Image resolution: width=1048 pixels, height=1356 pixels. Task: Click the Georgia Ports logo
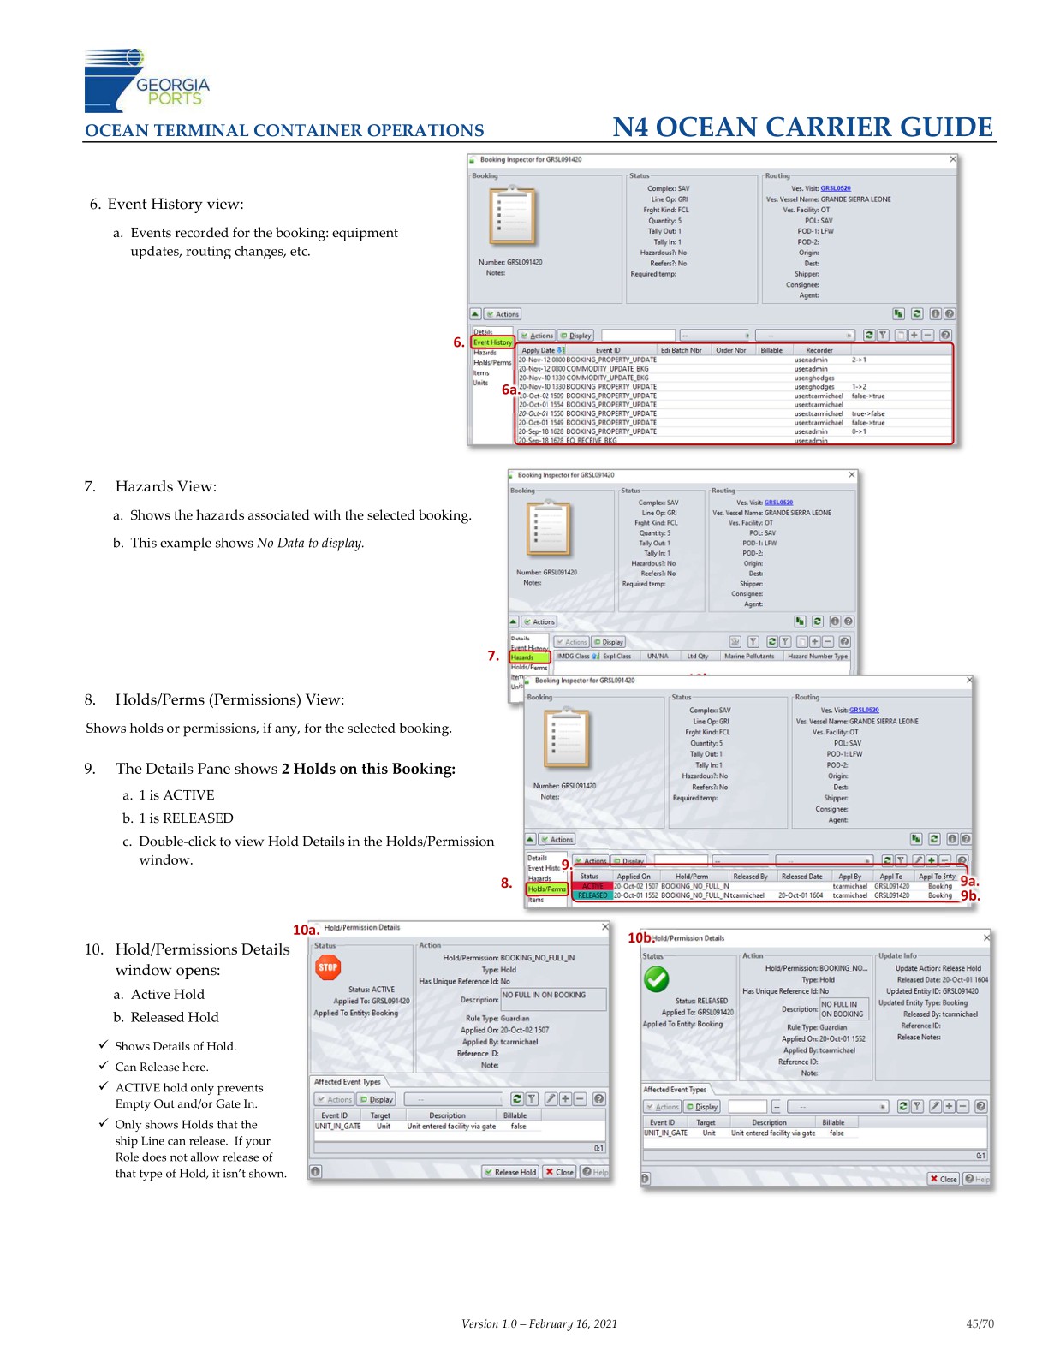(x=146, y=81)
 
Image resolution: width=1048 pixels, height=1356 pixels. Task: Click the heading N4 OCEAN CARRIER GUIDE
(x=802, y=128)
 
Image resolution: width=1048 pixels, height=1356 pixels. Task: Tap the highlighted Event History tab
(x=493, y=342)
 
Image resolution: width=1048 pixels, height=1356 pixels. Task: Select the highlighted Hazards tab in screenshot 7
(x=529, y=657)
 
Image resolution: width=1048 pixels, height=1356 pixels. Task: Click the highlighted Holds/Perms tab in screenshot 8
(x=547, y=889)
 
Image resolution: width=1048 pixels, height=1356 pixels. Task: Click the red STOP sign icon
(x=328, y=967)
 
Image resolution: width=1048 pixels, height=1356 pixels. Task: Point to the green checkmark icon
(x=657, y=978)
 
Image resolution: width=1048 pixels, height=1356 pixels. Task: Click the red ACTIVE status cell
(x=592, y=886)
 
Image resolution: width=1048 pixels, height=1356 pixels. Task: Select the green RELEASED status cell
(x=592, y=895)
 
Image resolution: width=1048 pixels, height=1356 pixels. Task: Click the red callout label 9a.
(x=968, y=881)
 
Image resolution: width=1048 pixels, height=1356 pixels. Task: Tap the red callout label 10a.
(x=306, y=929)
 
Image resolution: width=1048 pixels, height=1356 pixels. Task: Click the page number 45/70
(x=980, y=1323)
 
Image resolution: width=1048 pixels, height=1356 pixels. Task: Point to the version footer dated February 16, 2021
(x=539, y=1323)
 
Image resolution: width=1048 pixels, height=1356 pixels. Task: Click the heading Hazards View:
(x=165, y=486)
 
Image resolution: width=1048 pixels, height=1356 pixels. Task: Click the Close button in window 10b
(x=944, y=1179)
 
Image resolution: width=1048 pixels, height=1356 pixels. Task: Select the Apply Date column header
(x=539, y=350)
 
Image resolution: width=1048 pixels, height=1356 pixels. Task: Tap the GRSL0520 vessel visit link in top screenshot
(x=835, y=188)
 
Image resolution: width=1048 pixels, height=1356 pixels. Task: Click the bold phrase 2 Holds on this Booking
(x=368, y=769)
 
